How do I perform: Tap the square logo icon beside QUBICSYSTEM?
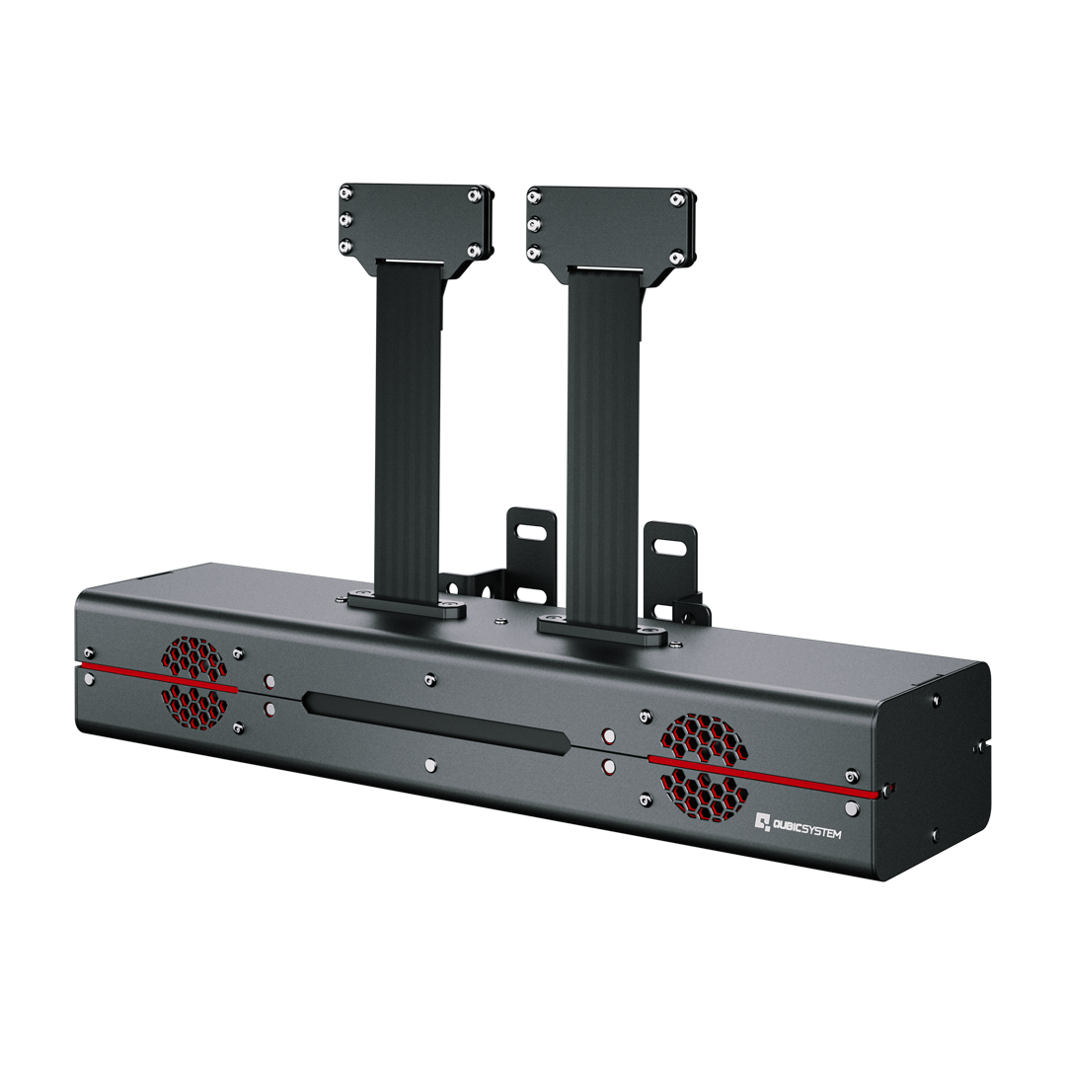762,821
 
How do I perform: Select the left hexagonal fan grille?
193,683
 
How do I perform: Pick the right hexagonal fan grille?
703,767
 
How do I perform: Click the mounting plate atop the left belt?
415,223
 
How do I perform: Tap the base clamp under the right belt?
600,629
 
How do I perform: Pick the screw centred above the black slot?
428,679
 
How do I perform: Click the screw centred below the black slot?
428,765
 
